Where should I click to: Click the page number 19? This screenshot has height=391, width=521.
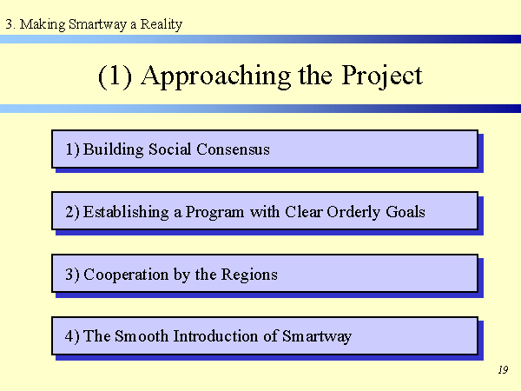pyautogui.click(x=503, y=370)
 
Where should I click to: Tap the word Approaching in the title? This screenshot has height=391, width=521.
pyautogui.click(x=216, y=76)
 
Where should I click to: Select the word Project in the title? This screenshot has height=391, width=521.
pyautogui.click(x=382, y=76)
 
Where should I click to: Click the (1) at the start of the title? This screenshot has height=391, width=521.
pyautogui.click(x=115, y=76)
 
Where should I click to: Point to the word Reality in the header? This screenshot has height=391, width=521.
pyautogui.click(x=162, y=24)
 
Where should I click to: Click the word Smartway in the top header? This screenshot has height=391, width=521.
pyautogui.click(x=97, y=24)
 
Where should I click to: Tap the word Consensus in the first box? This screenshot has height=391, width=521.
pyautogui.click(x=233, y=149)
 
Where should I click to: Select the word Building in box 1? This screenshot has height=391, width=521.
pyautogui.click(x=113, y=150)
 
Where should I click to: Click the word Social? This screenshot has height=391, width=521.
pyautogui.click(x=170, y=149)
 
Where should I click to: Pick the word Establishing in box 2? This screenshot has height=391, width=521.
pyautogui.click(x=126, y=213)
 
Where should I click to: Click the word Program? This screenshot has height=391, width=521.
pyautogui.click(x=214, y=213)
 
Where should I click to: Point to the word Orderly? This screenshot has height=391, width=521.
pyautogui.click(x=353, y=213)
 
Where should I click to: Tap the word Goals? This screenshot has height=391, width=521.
pyautogui.click(x=406, y=212)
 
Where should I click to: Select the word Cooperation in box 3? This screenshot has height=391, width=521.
pyautogui.click(x=126, y=275)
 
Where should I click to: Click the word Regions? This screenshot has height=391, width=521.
pyautogui.click(x=249, y=275)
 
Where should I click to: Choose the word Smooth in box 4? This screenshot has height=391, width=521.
pyautogui.click(x=142, y=336)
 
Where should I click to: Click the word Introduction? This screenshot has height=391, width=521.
pyautogui.click(x=215, y=336)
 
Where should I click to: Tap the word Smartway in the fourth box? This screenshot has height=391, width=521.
pyautogui.click(x=317, y=337)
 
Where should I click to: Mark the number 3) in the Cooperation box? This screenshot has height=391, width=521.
pyautogui.click(x=72, y=275)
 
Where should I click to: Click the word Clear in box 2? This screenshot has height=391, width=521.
pyautogui.click(x=304, y=212)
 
